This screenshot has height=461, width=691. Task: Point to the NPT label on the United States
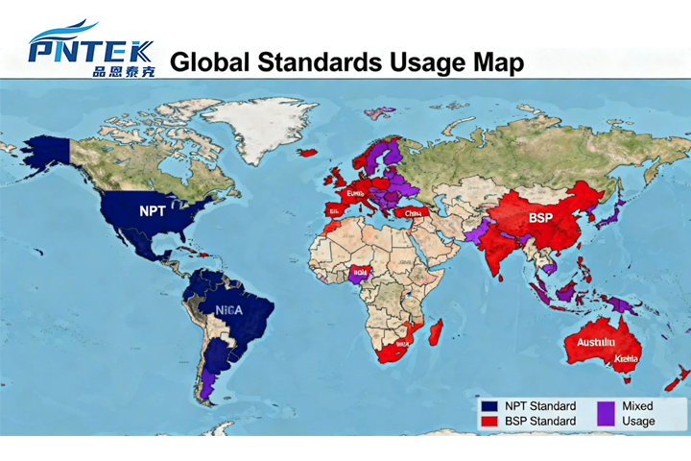pos(152,210)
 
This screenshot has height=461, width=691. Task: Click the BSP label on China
pos(541,218)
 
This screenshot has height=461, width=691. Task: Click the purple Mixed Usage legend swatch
pos(606,413)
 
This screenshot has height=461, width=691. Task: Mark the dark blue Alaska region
pos(48,154)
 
